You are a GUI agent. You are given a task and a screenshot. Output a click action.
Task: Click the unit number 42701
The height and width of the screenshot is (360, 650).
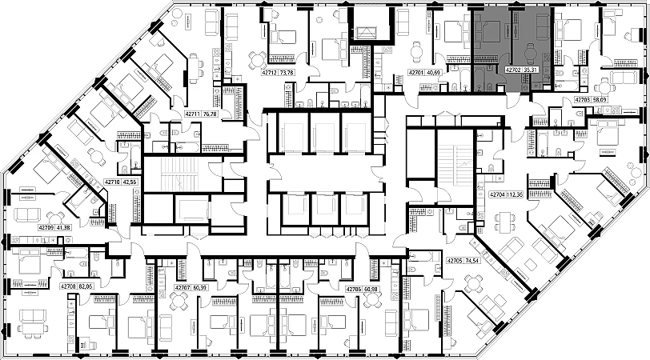point(418,72)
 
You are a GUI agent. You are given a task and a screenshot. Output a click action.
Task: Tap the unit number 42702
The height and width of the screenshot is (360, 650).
point(513,70)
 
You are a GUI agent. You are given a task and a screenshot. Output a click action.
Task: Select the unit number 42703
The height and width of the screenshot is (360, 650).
point(583,100)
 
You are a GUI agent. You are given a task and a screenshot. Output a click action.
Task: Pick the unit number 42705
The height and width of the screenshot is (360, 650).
point(456,261)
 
